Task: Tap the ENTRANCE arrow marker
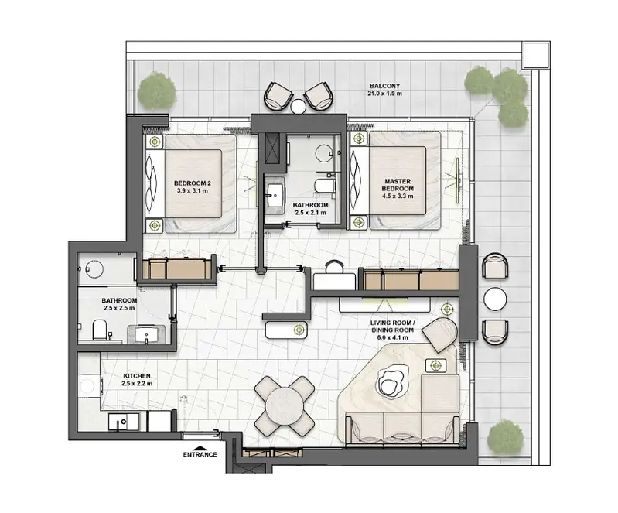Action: [x=200, y=447]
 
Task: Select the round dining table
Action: [x=284, y=405]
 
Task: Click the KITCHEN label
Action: [x=137, y=376]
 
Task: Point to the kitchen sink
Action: [x=123, y=422]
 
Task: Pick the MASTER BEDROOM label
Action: [x=398, y=185]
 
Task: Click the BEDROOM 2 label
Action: [x=193, y=183]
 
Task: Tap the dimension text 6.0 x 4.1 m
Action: [x=392, y=338]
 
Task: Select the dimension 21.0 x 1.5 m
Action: [x=385, y=94]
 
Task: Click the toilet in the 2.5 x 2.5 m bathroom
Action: [x=100, y=330]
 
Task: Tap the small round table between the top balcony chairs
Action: [x=298, y=106]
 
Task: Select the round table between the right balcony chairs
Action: [x=495, y=299]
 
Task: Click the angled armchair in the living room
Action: [x=441, y=334]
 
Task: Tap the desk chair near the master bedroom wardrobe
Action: [x=335, y=266]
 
